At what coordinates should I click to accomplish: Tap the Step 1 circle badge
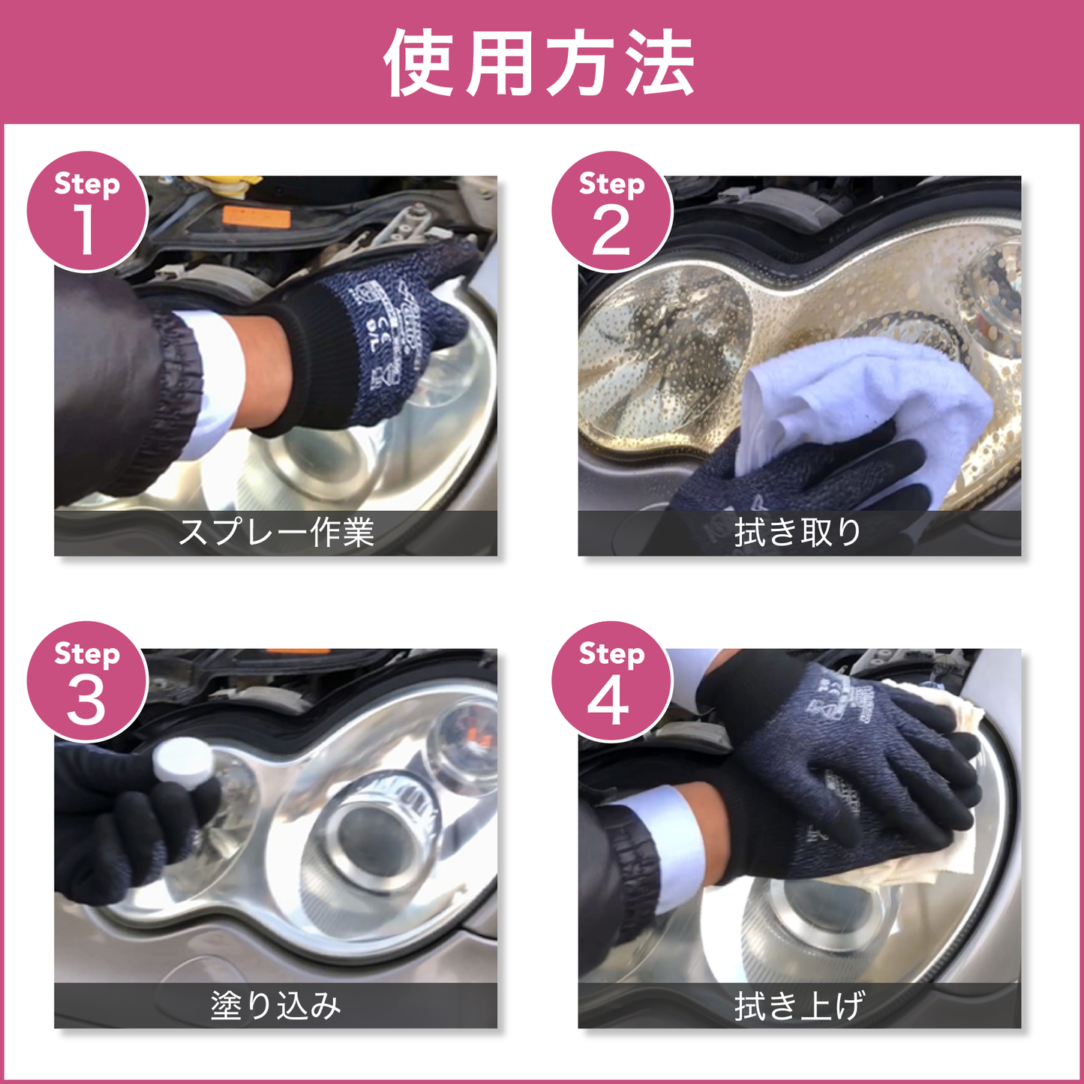coord(86,212)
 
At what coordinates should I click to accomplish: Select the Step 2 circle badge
coord(611,212)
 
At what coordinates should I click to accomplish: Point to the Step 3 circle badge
coord(86,682)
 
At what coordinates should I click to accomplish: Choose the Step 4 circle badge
coord(611,682)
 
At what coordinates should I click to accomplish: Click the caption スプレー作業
coord(276,533)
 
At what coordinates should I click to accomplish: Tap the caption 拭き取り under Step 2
coord(798,533)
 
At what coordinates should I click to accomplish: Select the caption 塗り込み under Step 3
coord(276,1005)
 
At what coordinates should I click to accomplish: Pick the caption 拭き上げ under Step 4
coord(798,1005)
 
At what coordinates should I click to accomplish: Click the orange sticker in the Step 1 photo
coord(257,218)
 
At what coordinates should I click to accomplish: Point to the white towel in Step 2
coord(863,398)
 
